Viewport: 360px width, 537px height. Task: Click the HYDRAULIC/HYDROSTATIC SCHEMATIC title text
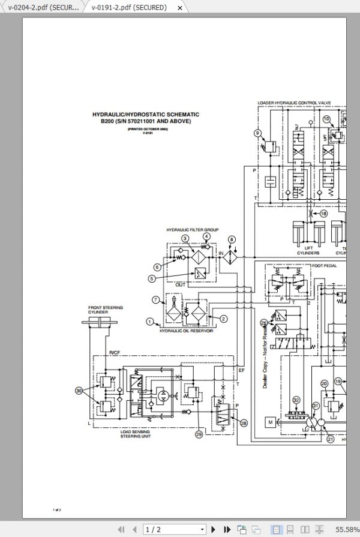click(145, 114)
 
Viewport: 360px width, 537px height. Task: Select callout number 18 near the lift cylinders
click(323, 213)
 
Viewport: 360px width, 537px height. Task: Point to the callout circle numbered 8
click(232, 240)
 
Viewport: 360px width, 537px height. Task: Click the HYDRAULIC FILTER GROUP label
click(192, 230)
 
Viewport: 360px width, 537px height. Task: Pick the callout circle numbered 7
click(155, 299)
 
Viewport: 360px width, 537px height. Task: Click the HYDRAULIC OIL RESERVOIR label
click(186, 331)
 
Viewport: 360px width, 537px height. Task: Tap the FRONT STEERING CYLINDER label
click(106, 310)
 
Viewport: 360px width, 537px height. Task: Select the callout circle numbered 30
click(79, 391)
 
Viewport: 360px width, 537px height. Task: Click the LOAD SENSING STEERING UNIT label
click(135, 434)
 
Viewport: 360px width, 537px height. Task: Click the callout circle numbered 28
click(244, 423)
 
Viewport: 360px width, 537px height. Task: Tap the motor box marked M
click(271, 422)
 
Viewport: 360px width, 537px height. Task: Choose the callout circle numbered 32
click(296, 400)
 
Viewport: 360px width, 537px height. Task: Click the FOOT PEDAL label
click(324, 265)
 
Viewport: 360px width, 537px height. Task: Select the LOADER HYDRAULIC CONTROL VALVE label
click(294, 103)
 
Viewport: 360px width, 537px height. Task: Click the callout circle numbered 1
click(150, 322)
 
